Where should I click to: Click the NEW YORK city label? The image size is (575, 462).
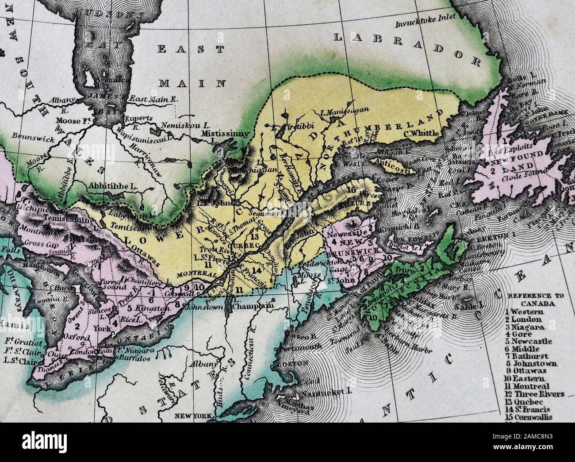pos(191,416)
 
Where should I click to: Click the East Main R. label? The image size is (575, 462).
pos(152,100)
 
